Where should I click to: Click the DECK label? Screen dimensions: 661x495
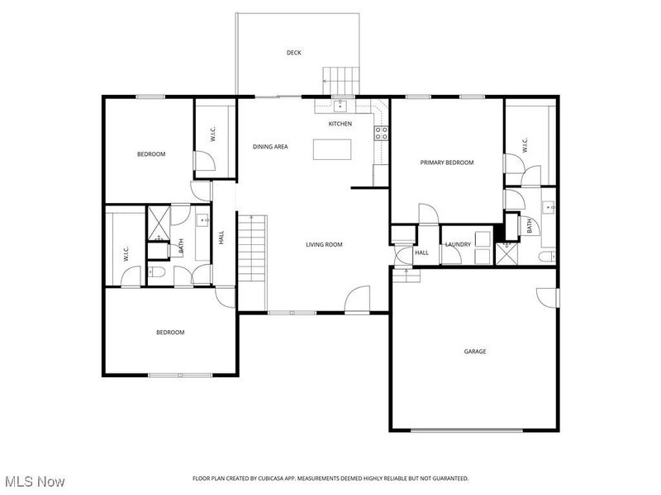point(294,53)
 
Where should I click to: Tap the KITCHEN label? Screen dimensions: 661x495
point(340,124)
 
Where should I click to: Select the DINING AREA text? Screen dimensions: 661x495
point(270,147)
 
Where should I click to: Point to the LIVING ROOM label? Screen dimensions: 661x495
point(324,244)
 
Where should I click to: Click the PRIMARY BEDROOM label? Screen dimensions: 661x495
point(447,163)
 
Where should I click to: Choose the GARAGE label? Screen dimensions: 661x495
point(475,351)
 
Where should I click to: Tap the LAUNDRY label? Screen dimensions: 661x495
point(458,244)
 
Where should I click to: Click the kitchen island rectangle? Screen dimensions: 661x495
point(332,149)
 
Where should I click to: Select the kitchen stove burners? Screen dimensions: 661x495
point(382,133)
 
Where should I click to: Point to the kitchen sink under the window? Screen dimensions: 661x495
point(340,106)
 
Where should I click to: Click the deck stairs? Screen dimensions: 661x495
point(341,81)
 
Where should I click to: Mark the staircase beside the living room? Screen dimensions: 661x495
point(253,249)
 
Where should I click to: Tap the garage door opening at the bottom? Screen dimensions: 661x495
point(467,430)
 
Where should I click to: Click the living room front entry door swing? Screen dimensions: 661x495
point(357,299)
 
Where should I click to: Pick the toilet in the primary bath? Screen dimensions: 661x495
point(548,256)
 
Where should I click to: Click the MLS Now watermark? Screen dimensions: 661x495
point(33,482)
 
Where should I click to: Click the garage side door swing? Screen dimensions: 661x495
point(547,298)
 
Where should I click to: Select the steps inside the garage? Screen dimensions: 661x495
point(407,276)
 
